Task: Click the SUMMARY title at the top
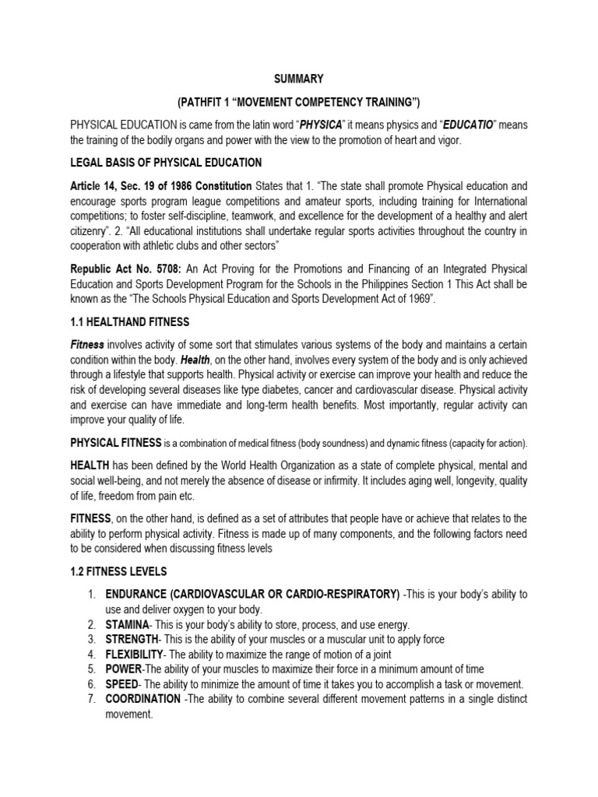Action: (x=298, y=79)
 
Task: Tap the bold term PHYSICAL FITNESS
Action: (x=116, y=444)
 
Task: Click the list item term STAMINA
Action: (x=130, y=625)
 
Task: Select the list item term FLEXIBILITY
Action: (x=135, y=655)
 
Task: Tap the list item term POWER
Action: (x=124, y=669)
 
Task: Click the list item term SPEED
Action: (x=123, y=684)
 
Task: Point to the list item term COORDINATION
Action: (x=142, y=699)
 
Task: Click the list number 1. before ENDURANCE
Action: (x=92, y=595)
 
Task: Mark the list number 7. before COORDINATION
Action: (x=92, y=699)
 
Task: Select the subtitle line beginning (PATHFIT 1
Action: (x=298, y=102)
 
